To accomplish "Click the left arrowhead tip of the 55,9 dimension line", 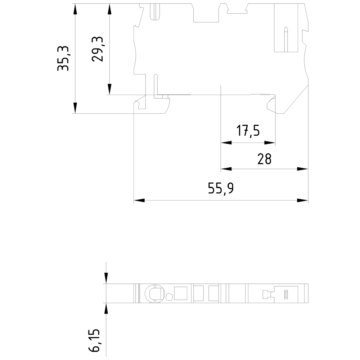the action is pos(134,201).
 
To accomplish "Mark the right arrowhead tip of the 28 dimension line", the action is pos(308,169).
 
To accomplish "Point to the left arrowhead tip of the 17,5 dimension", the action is pos(221,143).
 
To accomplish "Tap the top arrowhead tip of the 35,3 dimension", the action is pos(75,4).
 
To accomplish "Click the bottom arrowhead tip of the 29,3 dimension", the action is pos(109,95).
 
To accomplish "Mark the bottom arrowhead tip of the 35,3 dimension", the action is pos(75,113).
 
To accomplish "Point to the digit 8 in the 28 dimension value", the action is pos(268,159).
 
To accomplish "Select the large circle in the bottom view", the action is pos(155,293).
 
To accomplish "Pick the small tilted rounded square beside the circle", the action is pos(169,297).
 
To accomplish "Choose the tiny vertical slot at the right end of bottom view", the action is pos(286,294).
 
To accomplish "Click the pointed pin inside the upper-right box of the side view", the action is pos(286,39).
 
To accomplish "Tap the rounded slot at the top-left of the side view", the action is pos(155,12).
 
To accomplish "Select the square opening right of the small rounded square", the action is pos(181,293).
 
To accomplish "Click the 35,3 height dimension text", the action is pos(63,58).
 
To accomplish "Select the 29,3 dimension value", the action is pos(98,49).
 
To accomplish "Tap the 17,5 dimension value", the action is pos(248,131).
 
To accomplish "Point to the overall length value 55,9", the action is pos(221,188).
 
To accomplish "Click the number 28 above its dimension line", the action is pos(265,159).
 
